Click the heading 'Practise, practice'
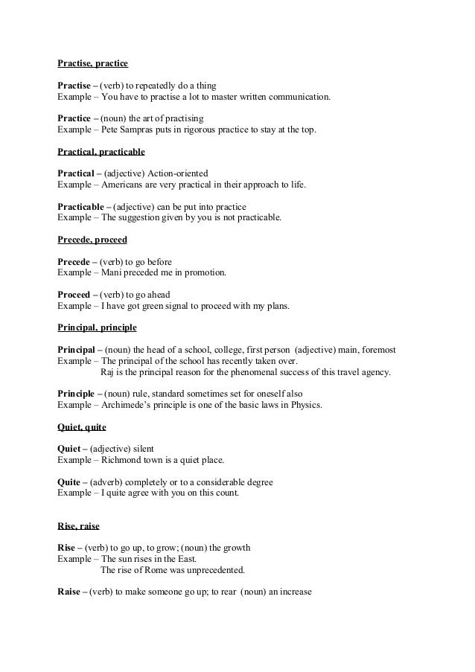pyautogui.click(x=92, y=65)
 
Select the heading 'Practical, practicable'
pyautogui.click(x=101, y=152)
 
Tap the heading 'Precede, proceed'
pyautogui.click(x=92, y=240)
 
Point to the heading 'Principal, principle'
pyautogui.click(x=97, y=327)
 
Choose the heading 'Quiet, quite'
pyautogui.click(x=82, y=427)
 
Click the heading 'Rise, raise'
pyautogui.click(x=78, y=525)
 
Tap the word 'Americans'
pyautogui.click(x=124, y=184)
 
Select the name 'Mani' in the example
pyautogui.click(x=111, y=272)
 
